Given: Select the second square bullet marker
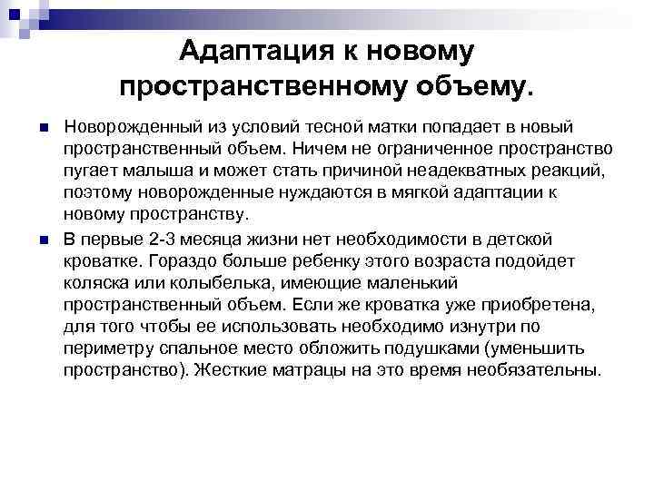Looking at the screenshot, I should click(43, 238).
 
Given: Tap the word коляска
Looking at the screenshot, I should click(95, 281).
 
